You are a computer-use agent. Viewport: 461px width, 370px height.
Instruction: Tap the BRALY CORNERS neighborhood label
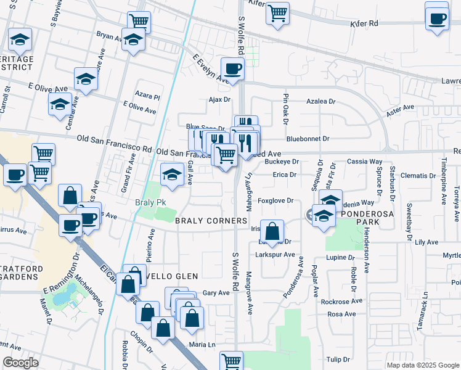click(211, 221)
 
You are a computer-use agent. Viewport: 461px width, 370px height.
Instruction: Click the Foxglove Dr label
click(275, 200)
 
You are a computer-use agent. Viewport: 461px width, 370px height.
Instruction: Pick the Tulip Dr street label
click(338, 359)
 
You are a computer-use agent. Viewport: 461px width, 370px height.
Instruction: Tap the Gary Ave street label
click(216, 293)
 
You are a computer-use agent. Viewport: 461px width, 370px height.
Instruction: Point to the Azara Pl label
click(149, 97)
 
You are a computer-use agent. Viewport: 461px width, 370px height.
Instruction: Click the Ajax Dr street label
click(219, 99)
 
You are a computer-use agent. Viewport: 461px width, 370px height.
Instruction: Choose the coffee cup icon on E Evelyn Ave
click(232, 68)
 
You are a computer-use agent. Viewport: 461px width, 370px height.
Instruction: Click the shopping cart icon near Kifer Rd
click(277, 12)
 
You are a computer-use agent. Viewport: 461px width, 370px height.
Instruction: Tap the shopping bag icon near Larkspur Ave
click(272, 232)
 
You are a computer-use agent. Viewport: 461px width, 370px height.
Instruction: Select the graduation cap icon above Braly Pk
click(172, 175)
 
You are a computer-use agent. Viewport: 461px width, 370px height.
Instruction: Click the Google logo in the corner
click(20, 363)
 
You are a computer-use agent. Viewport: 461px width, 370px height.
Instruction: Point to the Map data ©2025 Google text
click(422, 365)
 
